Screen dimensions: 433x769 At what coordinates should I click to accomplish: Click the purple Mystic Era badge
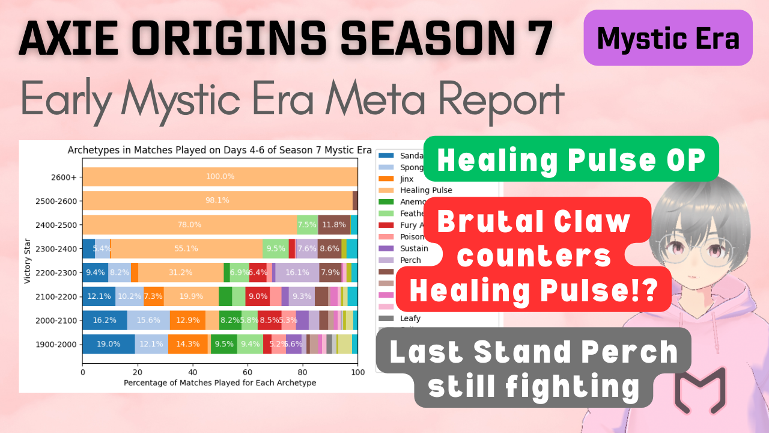[x=668, y=38]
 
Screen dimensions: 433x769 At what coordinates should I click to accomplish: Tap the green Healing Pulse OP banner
[x=571, y=159]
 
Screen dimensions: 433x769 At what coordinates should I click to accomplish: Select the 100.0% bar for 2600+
[x=220, y=177]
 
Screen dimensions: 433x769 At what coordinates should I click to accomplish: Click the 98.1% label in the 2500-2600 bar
[x=217, y=200]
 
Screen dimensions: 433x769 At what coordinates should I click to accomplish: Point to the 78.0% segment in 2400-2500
[x=189, y=224]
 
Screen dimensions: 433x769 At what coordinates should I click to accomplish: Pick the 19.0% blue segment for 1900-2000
[x=108, y=344]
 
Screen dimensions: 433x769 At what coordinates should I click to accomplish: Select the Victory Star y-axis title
[x=28, y=260]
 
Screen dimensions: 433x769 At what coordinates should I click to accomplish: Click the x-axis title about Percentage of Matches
[x=220, y=383]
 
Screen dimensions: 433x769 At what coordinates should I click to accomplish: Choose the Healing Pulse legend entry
[x=425, y=190]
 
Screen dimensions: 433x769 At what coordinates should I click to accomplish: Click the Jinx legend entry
[x=406, y=179]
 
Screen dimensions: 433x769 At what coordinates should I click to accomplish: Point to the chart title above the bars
[x=220, y=150]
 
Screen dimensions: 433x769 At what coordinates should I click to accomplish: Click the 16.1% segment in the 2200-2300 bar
[x=297, y=272]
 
